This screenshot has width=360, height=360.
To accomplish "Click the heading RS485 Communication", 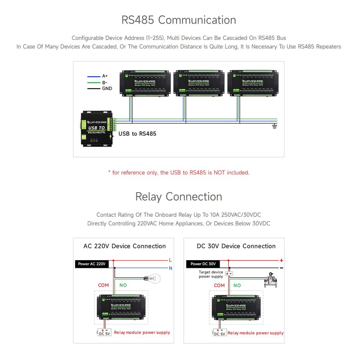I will [179, 20].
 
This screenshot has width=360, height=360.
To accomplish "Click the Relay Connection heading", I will [179, 197].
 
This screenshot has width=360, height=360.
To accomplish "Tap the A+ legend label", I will [105, 76].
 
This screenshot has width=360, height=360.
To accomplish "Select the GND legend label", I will [107, 89].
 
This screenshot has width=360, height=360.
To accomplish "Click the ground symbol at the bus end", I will [274, 126].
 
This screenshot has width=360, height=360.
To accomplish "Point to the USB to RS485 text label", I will [137, 134].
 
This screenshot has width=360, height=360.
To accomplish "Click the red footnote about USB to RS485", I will [179, 172].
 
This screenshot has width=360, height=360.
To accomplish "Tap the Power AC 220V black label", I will [91, 264].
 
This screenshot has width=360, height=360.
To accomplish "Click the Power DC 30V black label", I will [203, 264].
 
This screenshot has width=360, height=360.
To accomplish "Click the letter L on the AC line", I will [170, 260].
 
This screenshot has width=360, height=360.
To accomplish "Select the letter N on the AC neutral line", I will [170, 268].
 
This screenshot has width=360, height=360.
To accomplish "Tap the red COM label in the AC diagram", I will [104, 285].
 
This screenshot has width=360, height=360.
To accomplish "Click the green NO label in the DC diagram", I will [237, 285].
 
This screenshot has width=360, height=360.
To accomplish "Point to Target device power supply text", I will [211, 274].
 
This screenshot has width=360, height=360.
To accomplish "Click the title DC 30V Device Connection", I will [236, 246].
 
